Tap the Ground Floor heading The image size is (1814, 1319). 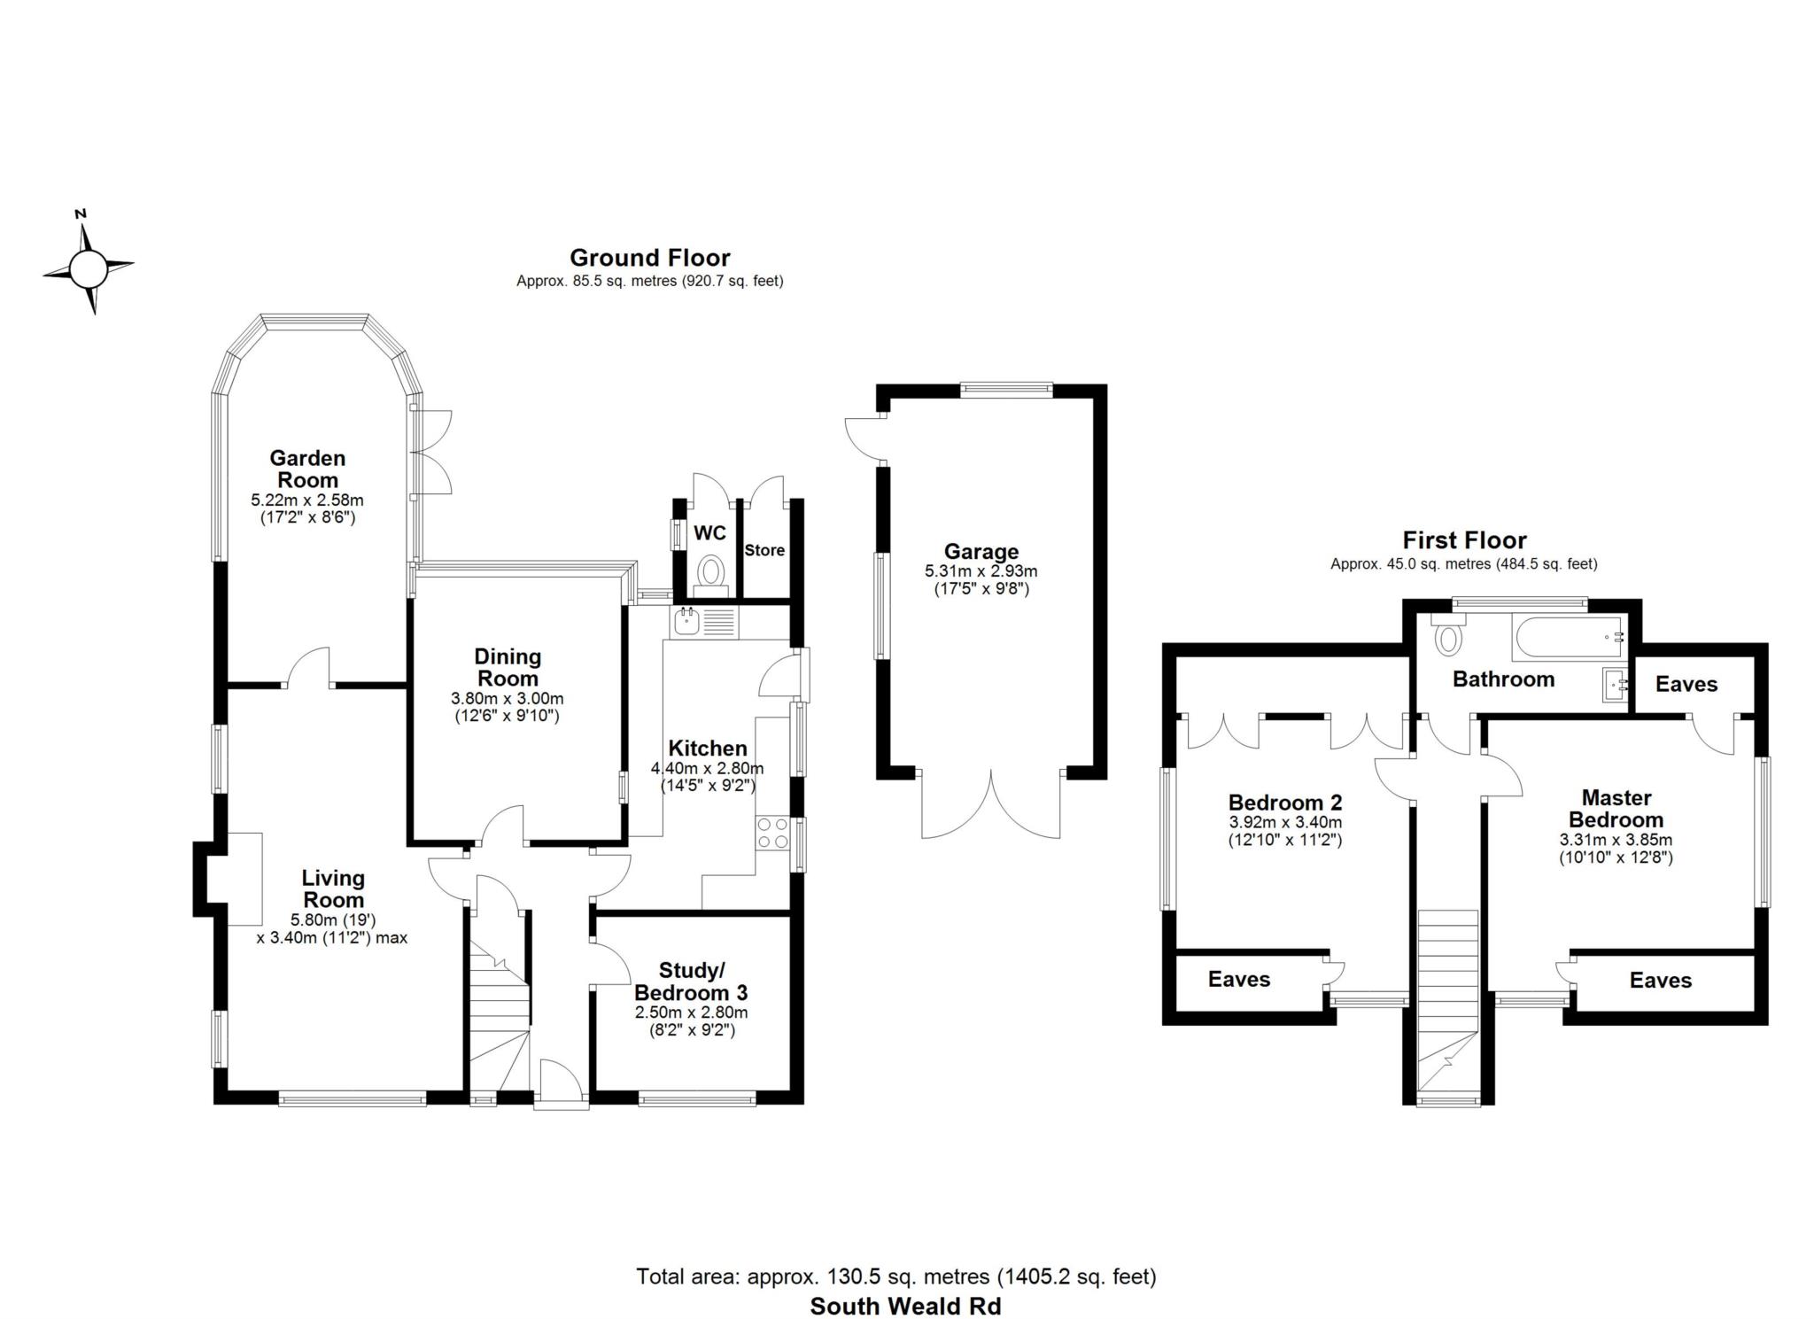649,258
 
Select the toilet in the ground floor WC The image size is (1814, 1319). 710,571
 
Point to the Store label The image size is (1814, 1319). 764,550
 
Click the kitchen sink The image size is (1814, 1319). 687,622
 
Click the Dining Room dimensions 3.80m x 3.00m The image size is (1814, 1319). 507,698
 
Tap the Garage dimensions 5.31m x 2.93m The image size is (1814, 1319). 981,571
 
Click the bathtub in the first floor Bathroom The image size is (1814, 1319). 1569,638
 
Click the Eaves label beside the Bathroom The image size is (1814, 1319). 1686,684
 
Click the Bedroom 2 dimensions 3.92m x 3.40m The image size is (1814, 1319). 1284,822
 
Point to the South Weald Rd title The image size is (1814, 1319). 905,1306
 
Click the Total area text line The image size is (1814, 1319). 895,1276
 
